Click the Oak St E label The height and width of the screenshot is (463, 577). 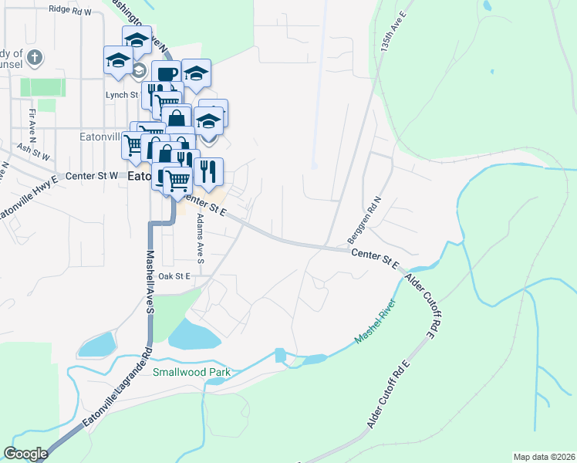(x=174, y=276)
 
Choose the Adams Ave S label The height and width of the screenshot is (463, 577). (x=199, y=240)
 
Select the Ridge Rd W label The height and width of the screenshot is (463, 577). (x=69, y=11)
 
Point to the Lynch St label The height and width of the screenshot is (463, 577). (x=121, y=95)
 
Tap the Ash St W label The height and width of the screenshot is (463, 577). (x=33, y=151)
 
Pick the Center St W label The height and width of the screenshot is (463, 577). (x=92, y=175)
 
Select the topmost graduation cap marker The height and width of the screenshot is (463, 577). (x=137, y=39)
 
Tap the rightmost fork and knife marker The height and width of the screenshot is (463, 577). (x=208, y=171)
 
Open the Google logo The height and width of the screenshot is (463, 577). (x=25, y=454)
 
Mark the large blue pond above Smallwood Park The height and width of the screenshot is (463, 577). (x=192, y=334)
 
